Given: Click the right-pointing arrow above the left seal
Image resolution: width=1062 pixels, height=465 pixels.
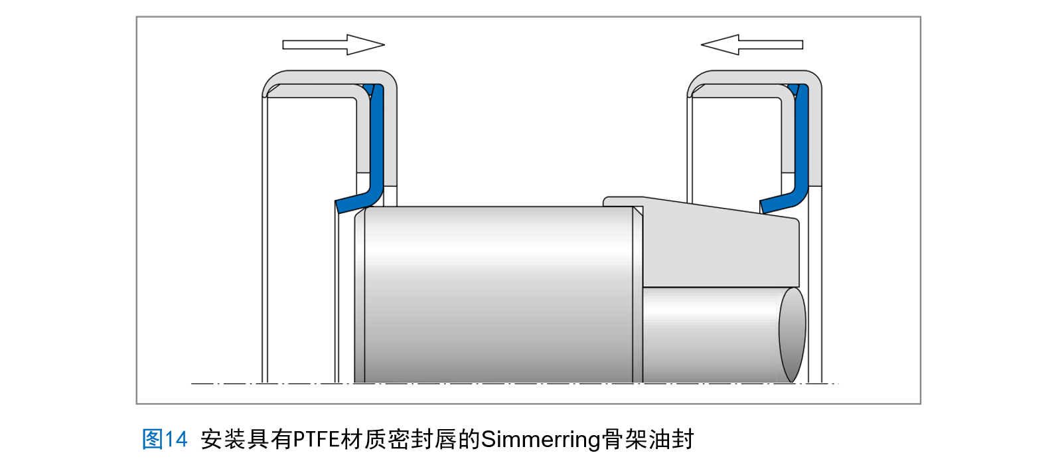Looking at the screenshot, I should (332, 45).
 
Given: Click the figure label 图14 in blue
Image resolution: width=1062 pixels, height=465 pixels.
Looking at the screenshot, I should (165, 439).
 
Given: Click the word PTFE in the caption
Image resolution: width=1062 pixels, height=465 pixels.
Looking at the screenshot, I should (316, 439).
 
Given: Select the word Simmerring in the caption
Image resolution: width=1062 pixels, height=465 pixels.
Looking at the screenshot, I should (540, 439).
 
